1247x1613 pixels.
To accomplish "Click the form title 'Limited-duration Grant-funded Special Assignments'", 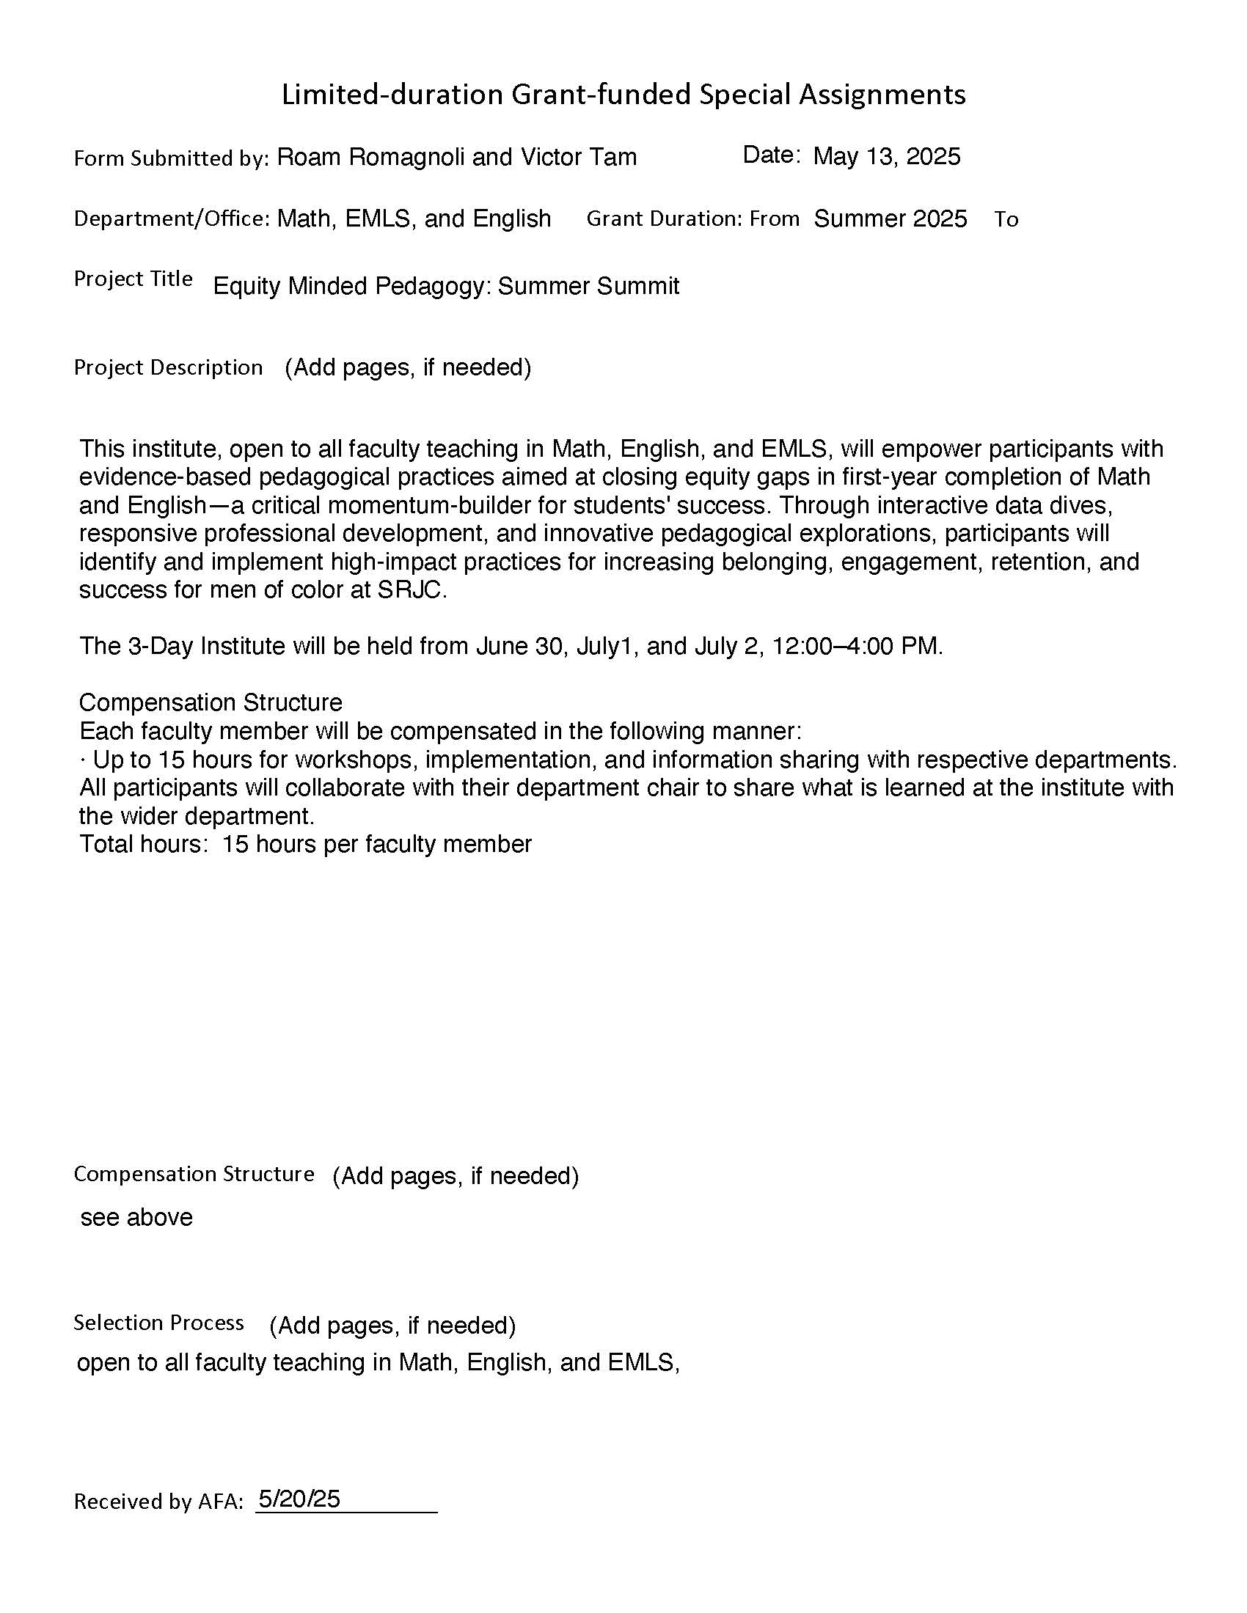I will (x=623, y=95).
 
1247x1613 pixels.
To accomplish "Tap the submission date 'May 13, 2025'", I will (x=887, y=157).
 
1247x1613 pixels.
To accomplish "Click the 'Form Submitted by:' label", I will (x=172, y=159).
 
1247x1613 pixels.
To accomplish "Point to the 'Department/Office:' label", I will (x=172, y=218).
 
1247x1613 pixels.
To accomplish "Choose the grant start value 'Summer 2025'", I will (x=891, y=218).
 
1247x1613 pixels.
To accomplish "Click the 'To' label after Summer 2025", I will (x=1006, y=219).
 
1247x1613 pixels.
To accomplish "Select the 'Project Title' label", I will (x=133, y=279).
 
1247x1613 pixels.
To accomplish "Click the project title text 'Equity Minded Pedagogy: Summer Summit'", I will (x=446, y=286).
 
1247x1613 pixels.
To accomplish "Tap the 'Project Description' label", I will (x=169, y=367).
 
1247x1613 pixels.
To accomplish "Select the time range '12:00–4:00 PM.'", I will (x=857, y=646).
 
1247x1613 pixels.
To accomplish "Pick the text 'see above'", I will (x=136, y=1217).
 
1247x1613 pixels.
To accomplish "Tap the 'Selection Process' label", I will (x=159, y=1323).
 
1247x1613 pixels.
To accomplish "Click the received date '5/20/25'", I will (x=299, y=1499).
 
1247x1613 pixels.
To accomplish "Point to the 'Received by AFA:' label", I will (x=159, y=1502).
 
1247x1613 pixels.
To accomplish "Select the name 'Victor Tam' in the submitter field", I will (x=579, y=158).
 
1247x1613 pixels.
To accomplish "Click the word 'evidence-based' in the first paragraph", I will (x=166, y=477).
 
